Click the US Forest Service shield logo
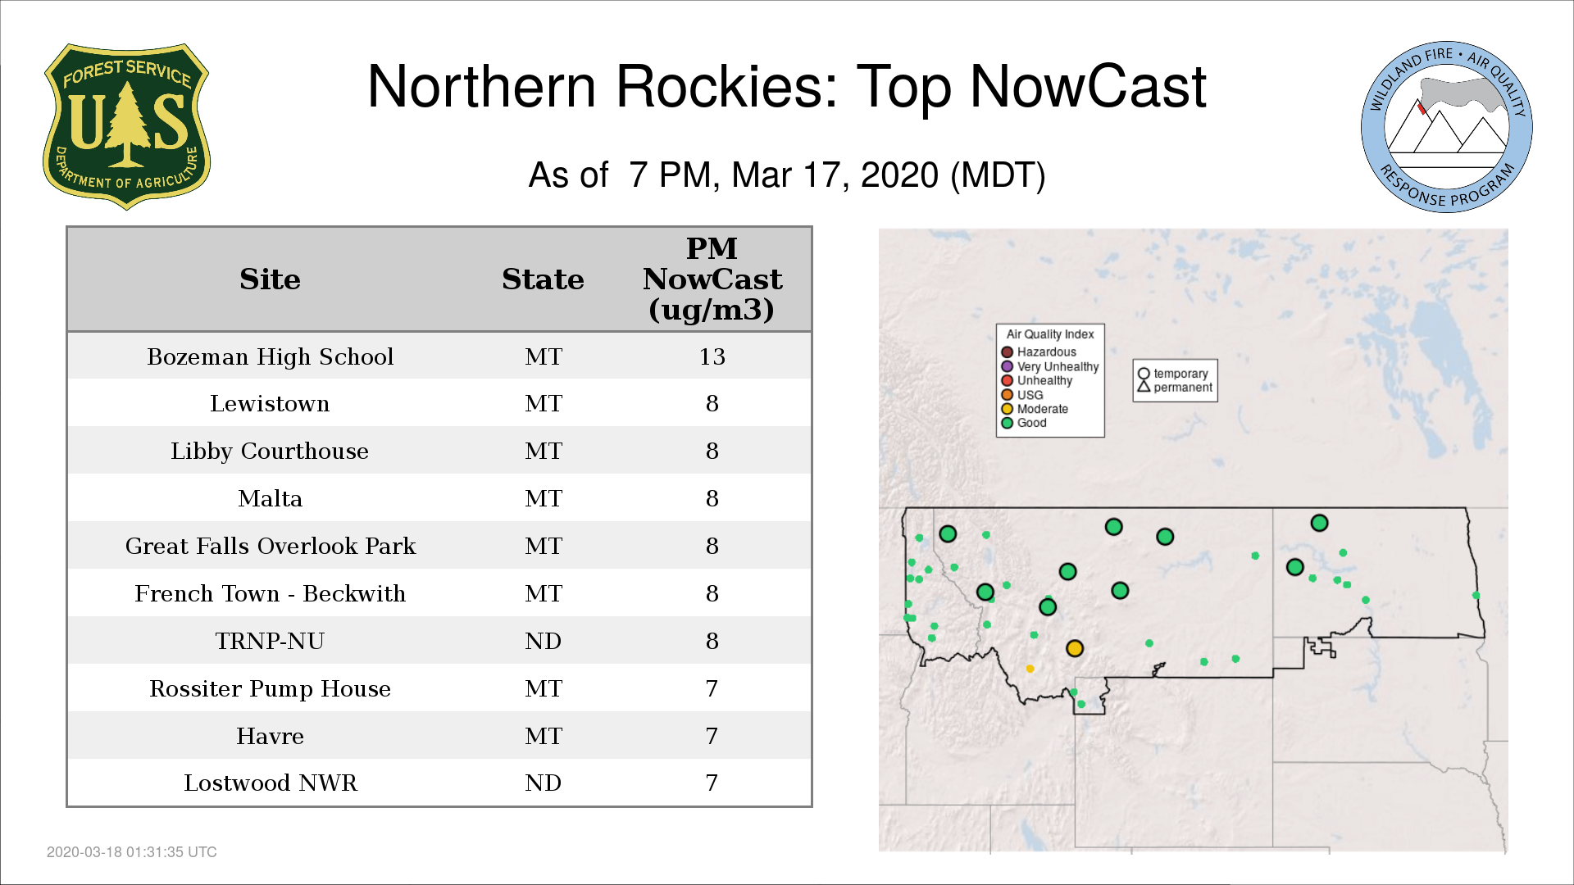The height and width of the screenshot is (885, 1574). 126,126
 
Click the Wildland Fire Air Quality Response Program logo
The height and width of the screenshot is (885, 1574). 1447,127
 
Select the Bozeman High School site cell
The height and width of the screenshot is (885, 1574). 271,357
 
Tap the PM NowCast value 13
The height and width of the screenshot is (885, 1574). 712,357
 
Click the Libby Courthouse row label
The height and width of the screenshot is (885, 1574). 270,452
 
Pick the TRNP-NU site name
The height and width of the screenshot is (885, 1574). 270,641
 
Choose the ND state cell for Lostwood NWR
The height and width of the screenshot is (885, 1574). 543,783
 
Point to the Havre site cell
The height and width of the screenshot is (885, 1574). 270,736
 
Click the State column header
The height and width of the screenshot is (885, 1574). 543,279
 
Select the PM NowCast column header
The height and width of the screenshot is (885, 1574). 712,279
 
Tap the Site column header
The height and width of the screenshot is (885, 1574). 270,279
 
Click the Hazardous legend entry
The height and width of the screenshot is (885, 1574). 1039,352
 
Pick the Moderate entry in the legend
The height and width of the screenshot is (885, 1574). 1035,409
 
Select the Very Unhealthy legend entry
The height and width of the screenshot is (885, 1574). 1050,366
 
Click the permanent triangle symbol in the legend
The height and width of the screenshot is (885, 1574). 1144,386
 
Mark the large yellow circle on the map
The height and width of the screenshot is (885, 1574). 1075,648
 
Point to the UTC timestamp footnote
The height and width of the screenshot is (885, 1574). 132,852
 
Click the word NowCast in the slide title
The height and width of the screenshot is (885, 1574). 1088,87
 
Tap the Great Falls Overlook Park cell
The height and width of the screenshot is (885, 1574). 271,547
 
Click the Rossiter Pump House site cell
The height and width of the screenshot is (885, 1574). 270,689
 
